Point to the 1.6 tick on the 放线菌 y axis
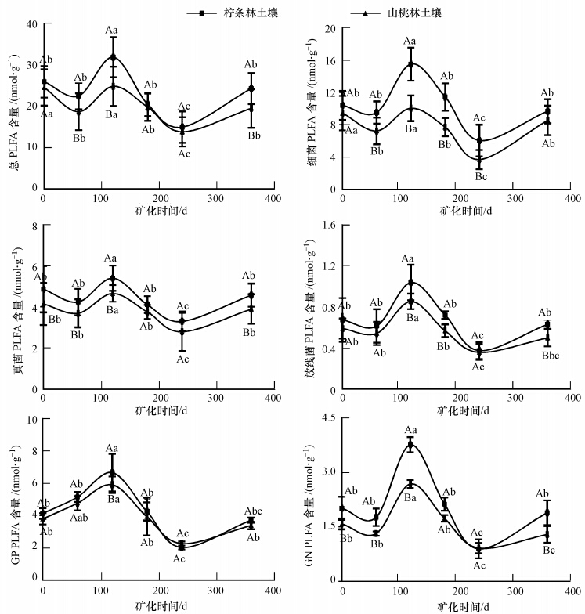[328, 226]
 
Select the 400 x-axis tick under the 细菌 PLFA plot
[572, 198]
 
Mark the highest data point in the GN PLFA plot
[410, 445]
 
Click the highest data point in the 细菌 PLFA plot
[410, 63]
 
